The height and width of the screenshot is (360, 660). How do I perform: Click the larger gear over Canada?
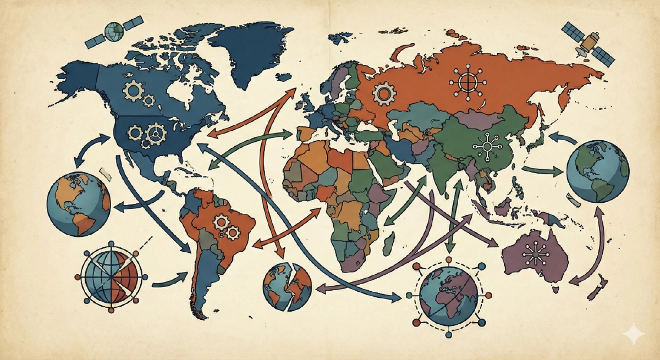133,90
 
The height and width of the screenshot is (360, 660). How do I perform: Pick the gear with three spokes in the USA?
157,132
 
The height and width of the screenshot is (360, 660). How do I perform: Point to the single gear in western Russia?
383,93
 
